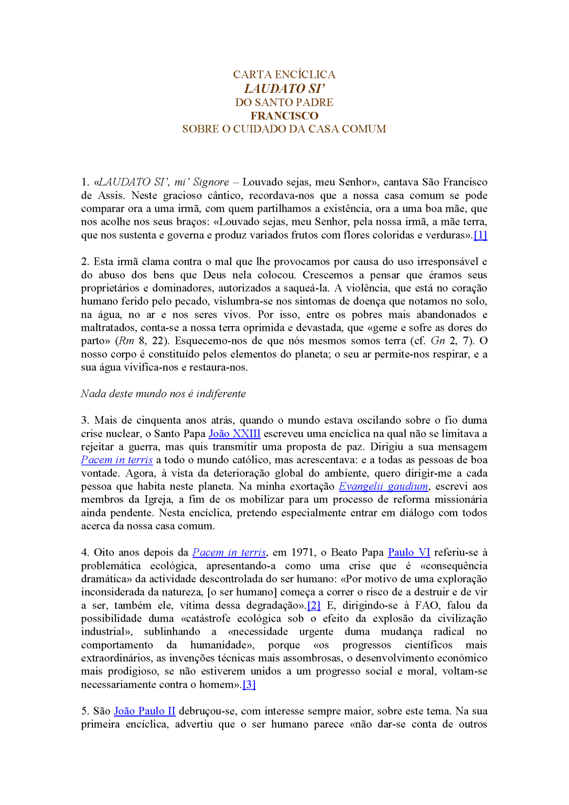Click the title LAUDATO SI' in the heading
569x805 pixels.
tap(284, 89)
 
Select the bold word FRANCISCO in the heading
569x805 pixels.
tap(284, 116)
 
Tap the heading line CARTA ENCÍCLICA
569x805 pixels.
tap(284, 74)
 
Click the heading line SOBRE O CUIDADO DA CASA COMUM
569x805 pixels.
tap(284, 129)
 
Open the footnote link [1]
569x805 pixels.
tap(480, 235)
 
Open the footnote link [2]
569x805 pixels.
tap(314, 606)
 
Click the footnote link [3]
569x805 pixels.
tap(249, 685)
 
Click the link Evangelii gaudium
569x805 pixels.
tap(383, 486)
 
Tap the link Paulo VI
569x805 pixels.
tap(409, 553)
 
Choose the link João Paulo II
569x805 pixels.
tap(144, 711)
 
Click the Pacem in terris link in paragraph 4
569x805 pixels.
tap(229, 553)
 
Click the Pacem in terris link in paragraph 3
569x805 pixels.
tap(117, 460)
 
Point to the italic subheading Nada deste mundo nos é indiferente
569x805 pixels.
tap(163, 394)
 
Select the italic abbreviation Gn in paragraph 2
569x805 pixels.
tap(438, 341)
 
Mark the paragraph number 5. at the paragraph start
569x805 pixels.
tap(85, 711)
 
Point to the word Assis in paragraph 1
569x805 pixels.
tap(111, 196)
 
